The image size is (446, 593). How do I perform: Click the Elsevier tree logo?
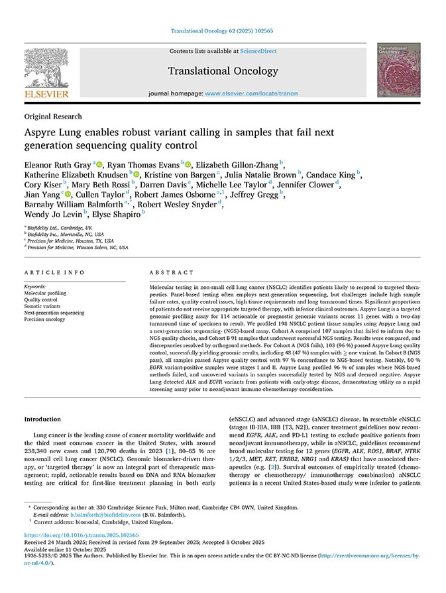pyautogui.click(x=46, y=69)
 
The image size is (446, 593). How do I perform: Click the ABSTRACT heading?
pyautogui.click(x=167, y=272)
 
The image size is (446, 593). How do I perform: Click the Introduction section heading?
pyautogui.click(x=42, y=419)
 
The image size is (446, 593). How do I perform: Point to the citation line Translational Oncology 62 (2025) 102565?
pyautogui.click(x=223, y=31)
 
